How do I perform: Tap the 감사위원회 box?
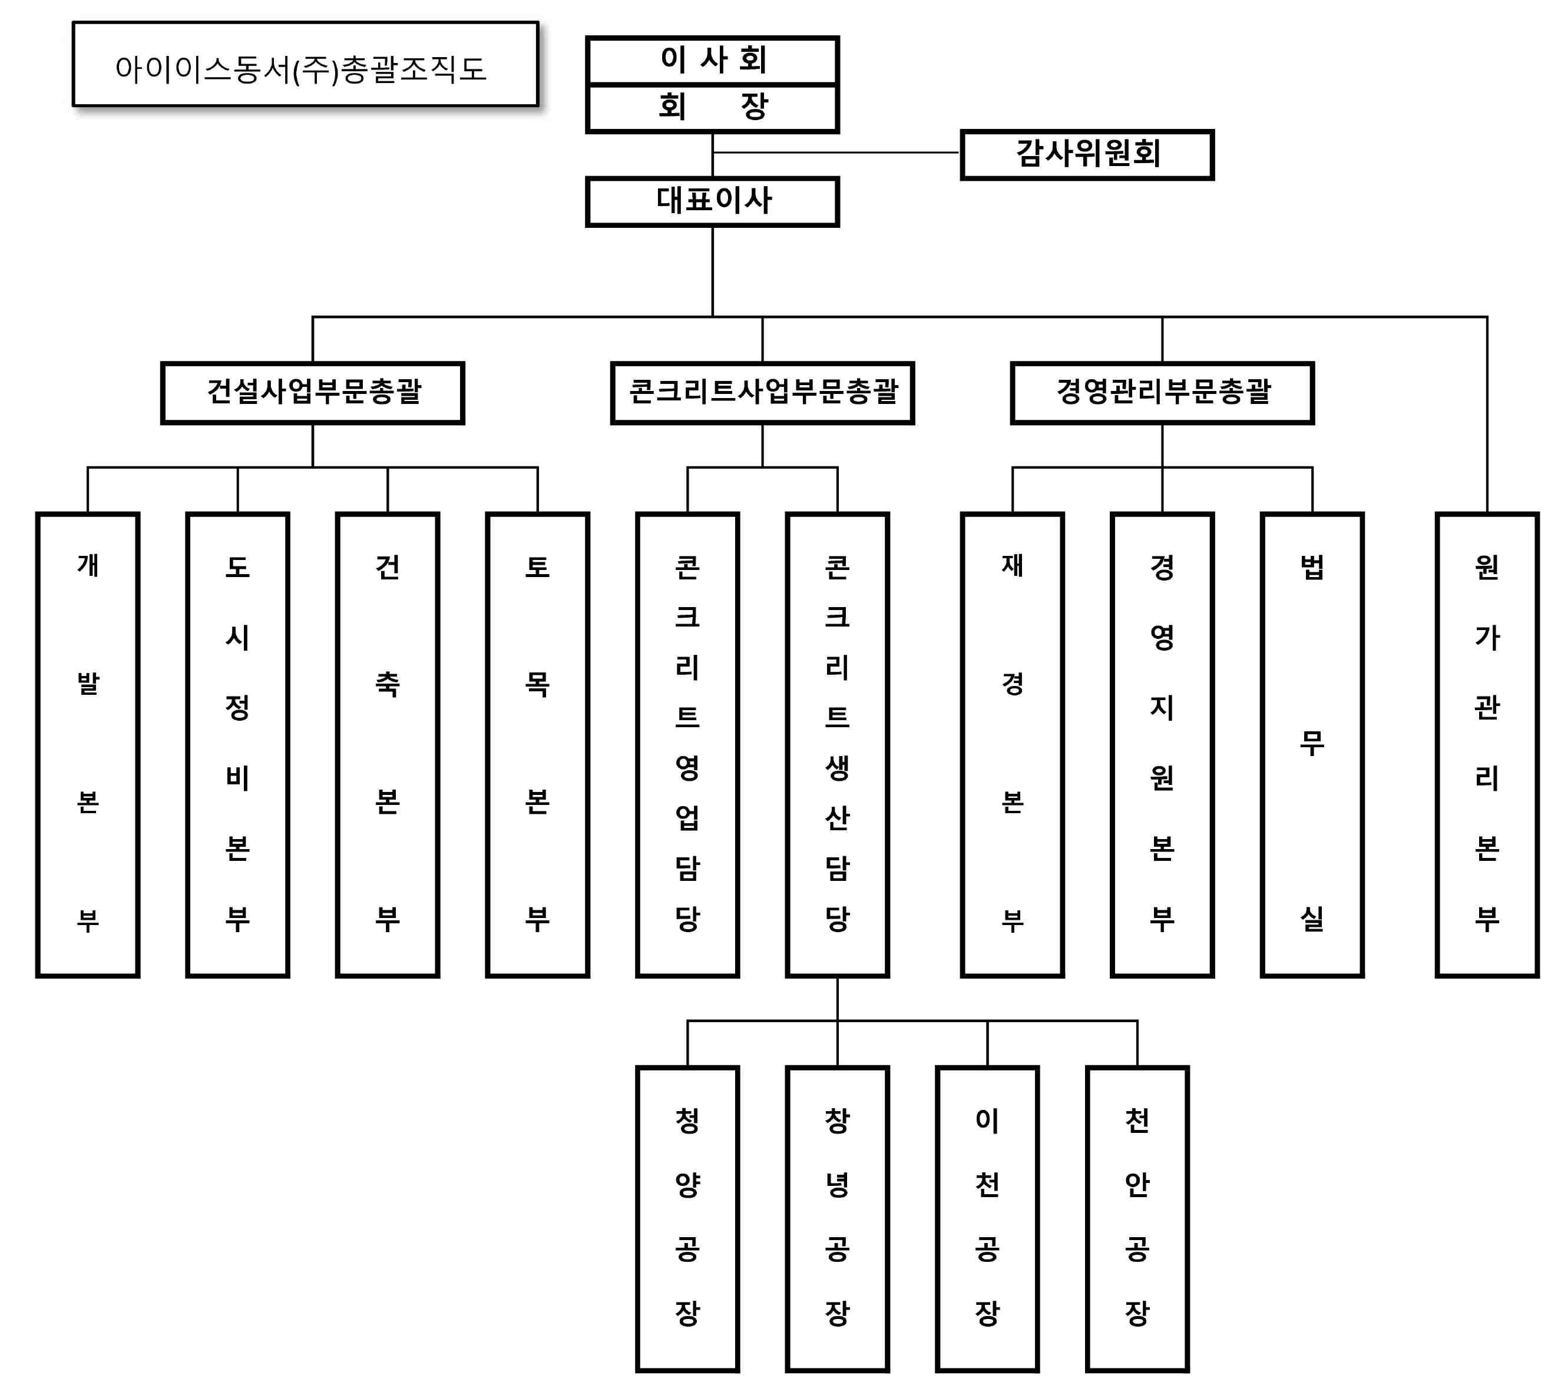pyautogui.click(x=1086, y=154)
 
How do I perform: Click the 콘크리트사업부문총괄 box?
pyautogui.click(x=762, y=392)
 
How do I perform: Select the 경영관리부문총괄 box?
pyautogui.click(x=1162, y=392)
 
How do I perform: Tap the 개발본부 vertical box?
pyautogui.click(x=88, y=744)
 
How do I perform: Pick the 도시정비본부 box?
pyautogui.click(x=237, y=744)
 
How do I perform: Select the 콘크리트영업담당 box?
pyautogui.click(x=687, y=744)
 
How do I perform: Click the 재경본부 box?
pyautogui.click(x=1012, y=744)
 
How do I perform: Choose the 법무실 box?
pyautogui.click(x=1311, y=744)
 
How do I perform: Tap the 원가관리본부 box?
pyautogui.click(x=1486, y=744)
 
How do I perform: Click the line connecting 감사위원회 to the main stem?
pyautogui.click(x=836, y=153)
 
